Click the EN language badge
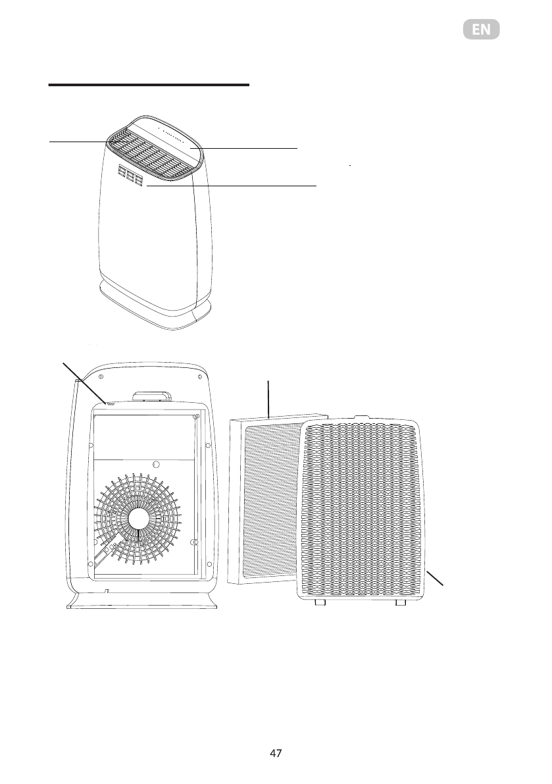coord(481,30)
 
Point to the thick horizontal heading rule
coord(149,85)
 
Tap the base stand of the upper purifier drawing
coord(155,306)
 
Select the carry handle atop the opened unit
coord(150,396)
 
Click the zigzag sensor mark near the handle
coord(111,404)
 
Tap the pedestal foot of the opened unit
coord(140,600)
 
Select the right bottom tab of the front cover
coord(398,602)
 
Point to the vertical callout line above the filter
coord(270,398)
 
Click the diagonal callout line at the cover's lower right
coord(435,579)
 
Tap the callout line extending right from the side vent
coord(230,186)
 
